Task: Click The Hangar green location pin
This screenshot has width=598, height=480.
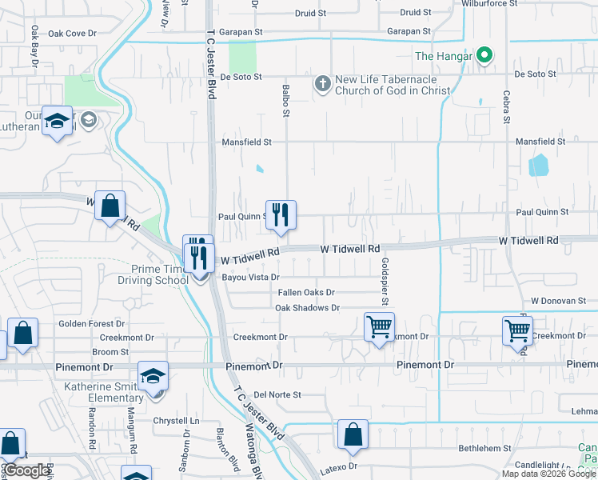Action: coord(484,56)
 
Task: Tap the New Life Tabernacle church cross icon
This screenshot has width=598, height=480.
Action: coord(322,84)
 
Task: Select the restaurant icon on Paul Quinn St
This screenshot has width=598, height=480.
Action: coord(281,215)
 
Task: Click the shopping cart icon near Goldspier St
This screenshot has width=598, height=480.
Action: coord(378,327)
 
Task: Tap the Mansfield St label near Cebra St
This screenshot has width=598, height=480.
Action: coord(540,141)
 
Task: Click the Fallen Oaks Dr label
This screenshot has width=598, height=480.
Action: coord(306,293)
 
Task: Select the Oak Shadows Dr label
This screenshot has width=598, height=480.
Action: coord(308,307)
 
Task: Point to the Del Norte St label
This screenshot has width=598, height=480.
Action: coord(277,394)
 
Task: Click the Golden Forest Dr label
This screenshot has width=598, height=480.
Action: coord(89,324)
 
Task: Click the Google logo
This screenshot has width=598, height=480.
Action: coord(26,470)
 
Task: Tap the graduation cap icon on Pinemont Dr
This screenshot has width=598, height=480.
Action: coord(153,375)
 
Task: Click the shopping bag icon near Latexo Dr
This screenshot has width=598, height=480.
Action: coord(353,434)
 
